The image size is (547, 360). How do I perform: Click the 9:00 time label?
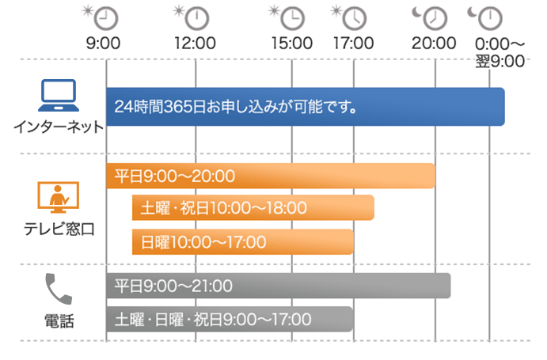coord(103,44)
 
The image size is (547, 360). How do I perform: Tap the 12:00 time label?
coord(195,44)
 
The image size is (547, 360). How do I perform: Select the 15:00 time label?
coord(292,44)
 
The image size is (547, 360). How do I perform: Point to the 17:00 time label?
coord(353,44)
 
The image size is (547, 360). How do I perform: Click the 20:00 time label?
coord(434,44)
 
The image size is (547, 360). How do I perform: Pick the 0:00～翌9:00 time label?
coord(500,53)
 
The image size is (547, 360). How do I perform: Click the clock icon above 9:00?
coord(106,18)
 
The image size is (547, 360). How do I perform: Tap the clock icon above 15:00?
coord(292,18)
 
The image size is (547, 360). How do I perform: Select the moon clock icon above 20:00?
coord(435,18)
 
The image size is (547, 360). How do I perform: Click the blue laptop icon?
coord(59,95)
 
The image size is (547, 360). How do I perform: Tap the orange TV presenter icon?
coord(59,197)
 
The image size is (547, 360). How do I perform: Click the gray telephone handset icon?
coord(59,289)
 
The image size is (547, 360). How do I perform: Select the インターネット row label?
coord(59,127)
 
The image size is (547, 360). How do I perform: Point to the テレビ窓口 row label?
coord(59,229)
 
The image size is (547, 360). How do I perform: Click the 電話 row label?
coord(59,321)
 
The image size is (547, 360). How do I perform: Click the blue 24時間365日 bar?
coord(306,107)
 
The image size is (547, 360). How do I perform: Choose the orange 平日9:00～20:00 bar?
coord(271,176)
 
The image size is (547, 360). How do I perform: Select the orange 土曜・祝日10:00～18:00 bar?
coord(253,207)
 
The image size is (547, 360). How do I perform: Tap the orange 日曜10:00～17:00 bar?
coord(243,242)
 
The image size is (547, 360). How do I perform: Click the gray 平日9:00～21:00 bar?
coord(279,286)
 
